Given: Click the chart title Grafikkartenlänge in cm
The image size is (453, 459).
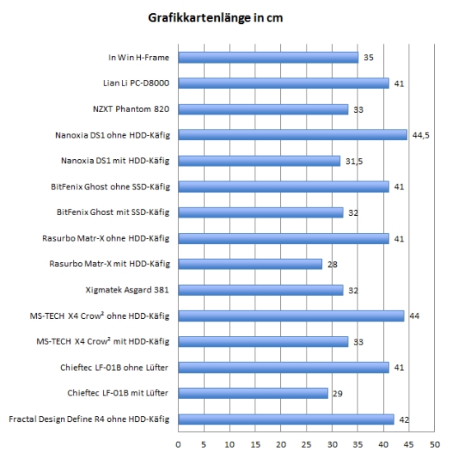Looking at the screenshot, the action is [x=215, y=18].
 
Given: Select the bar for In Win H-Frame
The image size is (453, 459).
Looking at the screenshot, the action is [x=269, y=58].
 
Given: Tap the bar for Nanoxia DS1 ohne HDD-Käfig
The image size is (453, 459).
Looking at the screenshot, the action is [x=292, y=135].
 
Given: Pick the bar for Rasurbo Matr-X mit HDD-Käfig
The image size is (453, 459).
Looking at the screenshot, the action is [x=250, y=264].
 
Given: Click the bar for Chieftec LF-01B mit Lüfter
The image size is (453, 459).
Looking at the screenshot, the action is [x=253, y=393].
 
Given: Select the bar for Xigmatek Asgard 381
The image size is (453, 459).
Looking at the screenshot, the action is [x=261, y=290].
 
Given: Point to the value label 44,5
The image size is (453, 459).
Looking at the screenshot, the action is [x=421, y=135].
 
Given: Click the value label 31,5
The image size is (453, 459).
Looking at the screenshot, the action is [x=354, y=162].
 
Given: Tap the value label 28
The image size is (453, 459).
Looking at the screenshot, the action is [x=333, y=265].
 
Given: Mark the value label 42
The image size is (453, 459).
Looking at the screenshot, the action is [x=404, y=419].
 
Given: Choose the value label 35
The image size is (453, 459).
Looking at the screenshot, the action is [x=368, y=58].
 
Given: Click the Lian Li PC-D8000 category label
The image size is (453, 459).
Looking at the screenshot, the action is [x=136, y=83].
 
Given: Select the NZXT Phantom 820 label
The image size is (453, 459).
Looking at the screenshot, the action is [x=131, y=110].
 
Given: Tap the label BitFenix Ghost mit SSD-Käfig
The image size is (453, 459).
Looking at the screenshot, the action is [x=113, y=213].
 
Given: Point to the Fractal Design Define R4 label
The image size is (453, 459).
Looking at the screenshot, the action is [x=89, y=419].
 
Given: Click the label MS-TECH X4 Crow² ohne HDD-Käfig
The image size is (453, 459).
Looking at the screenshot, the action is [x=100, y=316].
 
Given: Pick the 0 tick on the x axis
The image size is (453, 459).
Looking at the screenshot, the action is [x=178, y=445].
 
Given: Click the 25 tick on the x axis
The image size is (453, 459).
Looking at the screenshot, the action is [x=306, y=445].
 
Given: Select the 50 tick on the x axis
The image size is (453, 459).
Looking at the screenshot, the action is [x=435, y=445].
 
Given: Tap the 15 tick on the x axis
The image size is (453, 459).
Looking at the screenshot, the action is [x=255, y=445].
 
